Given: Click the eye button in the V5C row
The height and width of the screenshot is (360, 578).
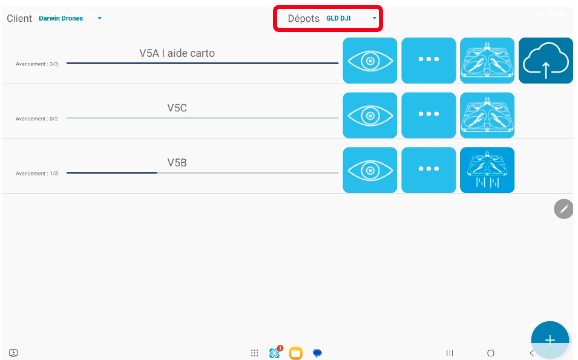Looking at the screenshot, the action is [370, 116].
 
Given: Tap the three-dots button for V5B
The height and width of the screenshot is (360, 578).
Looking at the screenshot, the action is [429, 170].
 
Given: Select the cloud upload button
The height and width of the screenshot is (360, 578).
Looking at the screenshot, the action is [545, 61].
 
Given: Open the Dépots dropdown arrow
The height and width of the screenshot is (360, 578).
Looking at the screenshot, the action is [375, 18].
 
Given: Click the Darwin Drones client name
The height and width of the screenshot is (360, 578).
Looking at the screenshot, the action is [61, 18].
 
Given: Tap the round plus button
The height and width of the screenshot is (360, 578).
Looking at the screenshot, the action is [550, 339].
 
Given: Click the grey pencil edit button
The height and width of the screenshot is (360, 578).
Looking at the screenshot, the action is [563, 209].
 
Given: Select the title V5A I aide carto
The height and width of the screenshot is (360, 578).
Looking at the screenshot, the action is [177, 53].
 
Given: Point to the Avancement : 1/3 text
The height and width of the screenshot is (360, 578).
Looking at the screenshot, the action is [36, 174].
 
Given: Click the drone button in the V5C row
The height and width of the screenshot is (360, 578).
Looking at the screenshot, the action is [487, 116].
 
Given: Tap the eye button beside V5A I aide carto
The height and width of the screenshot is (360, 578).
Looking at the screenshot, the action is [370, 61].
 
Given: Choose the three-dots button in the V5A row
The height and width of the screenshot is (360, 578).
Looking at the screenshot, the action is [429, 61].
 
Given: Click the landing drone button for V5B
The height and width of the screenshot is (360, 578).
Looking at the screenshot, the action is [487, 170].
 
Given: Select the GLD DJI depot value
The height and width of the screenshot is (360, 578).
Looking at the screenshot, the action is [338, 18].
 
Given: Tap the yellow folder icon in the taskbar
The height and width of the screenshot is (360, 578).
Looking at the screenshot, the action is [295, 353].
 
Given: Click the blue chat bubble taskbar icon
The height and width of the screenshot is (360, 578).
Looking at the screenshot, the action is [317, 353].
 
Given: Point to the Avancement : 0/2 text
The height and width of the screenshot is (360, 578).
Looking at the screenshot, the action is [36, 119].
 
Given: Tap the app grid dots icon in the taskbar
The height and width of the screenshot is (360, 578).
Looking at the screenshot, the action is [254, 353].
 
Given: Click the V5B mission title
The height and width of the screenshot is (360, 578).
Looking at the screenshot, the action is [177, 163].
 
